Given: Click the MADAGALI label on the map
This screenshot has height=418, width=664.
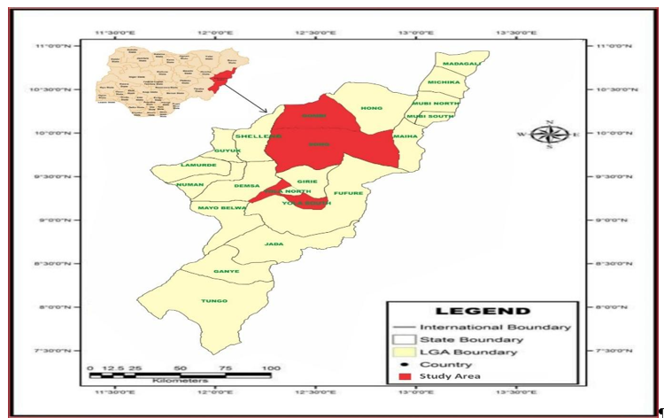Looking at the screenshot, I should [x=462, y=64].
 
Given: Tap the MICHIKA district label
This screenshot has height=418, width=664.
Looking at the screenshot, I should [x=444, y=82].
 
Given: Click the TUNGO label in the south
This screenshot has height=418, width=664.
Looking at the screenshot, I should [x=214, y=301].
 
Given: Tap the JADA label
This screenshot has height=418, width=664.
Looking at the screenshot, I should [x=274, y=244].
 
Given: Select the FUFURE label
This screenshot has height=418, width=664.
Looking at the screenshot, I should [x=349, y=193].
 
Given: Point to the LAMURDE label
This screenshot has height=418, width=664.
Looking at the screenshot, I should [x=198, y=166].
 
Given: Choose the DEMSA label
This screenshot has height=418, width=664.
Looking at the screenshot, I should [x=247, y=186].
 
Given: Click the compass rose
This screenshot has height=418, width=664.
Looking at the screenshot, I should [x=550, y=135].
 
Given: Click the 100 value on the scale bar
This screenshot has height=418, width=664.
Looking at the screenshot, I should [x=270, y=368].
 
